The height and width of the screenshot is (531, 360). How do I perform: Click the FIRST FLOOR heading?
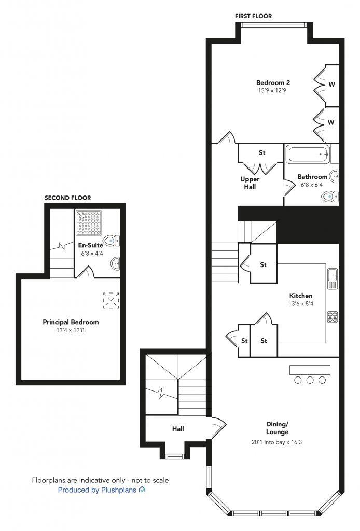coord(253,16)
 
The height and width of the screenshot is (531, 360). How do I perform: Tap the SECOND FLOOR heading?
coord(67,198)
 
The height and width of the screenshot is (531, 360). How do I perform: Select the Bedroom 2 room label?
coord(273,82)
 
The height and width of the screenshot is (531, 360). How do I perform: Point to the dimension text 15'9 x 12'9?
coord(273,91)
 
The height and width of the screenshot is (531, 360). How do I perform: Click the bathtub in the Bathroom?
coord(308,155)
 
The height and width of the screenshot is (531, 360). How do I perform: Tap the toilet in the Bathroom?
coord(329,197)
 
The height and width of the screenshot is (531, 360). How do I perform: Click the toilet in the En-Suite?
coord(112,241)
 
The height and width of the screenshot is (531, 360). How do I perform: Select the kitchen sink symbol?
coord(333,279)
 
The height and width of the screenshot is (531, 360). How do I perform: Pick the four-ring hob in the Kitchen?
coord(333,316)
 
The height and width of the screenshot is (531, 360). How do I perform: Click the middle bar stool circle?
coord(310,380)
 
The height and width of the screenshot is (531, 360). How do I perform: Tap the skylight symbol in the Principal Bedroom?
coord(111,300)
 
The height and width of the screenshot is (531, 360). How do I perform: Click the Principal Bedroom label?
coord(71,322)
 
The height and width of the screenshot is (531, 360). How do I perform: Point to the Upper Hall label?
coord(250,183)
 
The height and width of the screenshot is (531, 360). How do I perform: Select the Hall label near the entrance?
coord(178,429)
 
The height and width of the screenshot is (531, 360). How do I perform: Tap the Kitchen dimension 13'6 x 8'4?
coord(301,304)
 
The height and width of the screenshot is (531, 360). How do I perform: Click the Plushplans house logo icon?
coord(142,490)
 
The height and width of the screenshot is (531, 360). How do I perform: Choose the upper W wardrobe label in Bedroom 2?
coord(330,83)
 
